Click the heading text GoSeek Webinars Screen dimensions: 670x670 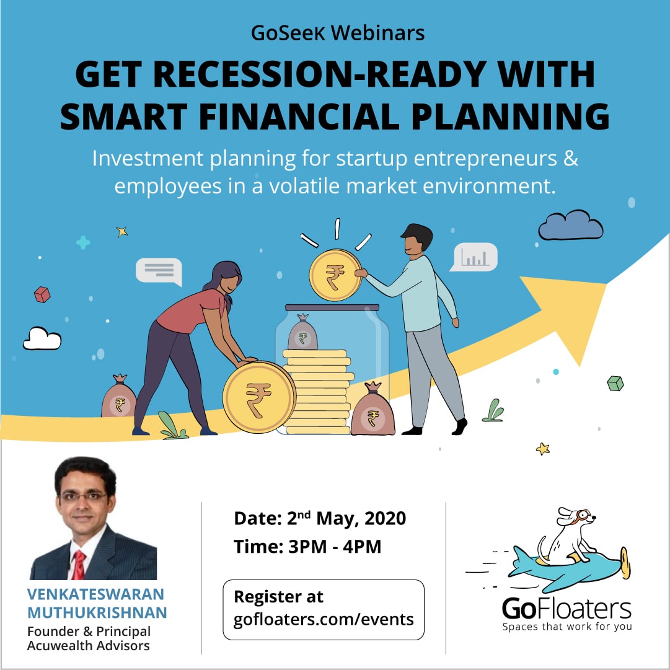338,33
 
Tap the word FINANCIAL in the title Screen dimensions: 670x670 299,117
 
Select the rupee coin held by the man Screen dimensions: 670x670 335,275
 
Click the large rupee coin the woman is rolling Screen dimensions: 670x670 259,397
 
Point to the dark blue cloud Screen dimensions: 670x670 570,225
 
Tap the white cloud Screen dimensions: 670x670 42,339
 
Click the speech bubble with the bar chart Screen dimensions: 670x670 474,257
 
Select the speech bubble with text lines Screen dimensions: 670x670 159,271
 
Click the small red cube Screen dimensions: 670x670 42,294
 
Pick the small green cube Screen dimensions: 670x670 615,383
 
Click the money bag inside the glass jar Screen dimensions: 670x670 302,332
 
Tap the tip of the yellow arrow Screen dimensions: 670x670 606,283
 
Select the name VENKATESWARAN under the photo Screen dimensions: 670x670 95,594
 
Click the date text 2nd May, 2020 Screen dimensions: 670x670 346,518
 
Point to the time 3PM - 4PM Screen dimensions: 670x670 335,547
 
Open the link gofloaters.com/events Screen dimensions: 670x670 324,619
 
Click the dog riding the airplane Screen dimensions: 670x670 568,536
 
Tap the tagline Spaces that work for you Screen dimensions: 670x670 567,627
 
